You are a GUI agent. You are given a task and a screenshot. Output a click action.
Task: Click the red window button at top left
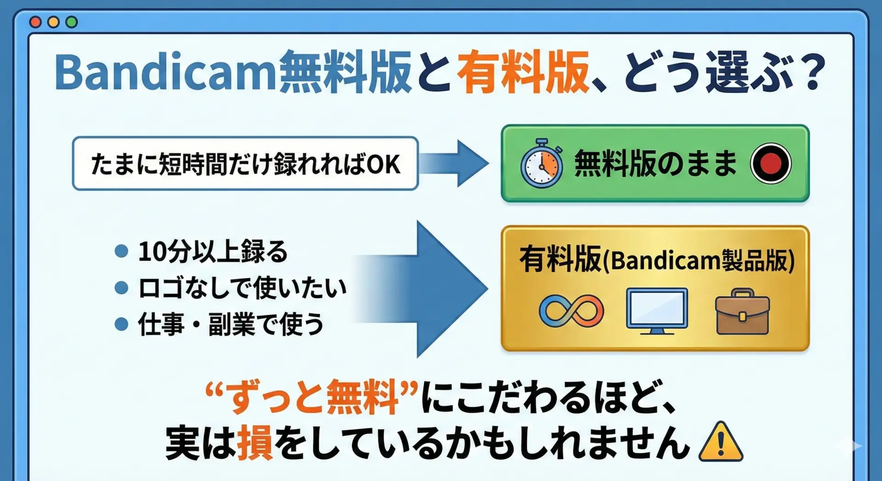pyautogui.click(x=35, y=22)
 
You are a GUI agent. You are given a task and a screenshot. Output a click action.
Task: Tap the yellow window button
pyautogui.click(x=53, y=22)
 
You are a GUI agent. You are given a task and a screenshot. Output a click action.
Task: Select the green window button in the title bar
pyautogui.click(x=72, y=22)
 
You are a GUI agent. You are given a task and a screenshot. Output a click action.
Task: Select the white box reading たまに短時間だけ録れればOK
pyautogui.click(x=245, y=163)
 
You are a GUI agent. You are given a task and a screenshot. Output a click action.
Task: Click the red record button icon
pyautogui.click(x=771, y=163)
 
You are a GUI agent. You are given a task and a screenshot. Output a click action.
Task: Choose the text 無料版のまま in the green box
pyautogui.click(x=656, y=163)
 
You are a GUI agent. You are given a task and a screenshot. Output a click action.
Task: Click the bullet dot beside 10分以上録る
pyautogui.click(x=121, y=251)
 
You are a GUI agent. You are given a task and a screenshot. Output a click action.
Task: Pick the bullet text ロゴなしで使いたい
pyautogui.click(x=242, y=288)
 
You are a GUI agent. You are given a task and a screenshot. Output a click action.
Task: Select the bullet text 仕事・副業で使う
pyautogui.click(x=231, y=324)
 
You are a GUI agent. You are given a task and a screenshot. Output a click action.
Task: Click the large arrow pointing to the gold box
pyautogui.click(x=420, y=289)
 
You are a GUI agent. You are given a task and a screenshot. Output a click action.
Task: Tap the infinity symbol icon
pyautogui.click(x=571, y=311)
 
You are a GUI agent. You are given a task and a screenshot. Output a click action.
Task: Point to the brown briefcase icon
pyautogui.click(x=742, y=311)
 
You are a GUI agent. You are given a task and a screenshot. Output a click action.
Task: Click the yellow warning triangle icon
pyautogui.click(x=721, y=442)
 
